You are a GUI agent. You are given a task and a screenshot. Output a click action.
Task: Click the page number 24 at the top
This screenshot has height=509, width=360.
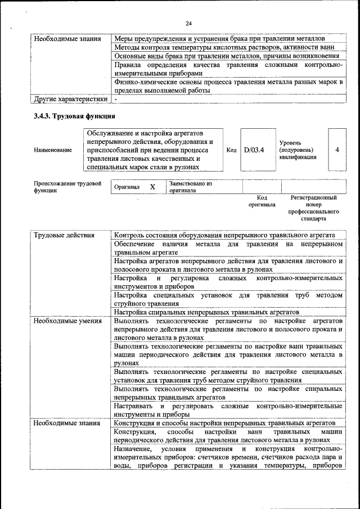(x=188, y=22)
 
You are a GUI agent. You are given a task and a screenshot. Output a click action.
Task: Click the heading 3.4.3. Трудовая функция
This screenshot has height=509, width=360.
(x=75, y=116)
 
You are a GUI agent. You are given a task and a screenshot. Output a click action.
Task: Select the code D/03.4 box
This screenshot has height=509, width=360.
(x=254, y=150)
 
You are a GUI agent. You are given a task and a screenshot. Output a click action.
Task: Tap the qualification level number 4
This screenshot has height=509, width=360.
(x=336, y=150)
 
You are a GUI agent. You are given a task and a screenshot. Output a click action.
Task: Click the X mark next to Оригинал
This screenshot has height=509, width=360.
(x=152, y=187)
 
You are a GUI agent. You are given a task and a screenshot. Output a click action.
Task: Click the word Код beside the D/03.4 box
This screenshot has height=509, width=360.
(x=231, y=150)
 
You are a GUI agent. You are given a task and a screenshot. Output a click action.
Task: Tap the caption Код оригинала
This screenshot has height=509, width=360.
(x=262, y=201)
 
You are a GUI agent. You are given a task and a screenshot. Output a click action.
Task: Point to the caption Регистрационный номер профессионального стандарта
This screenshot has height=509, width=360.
(x=313, y=208)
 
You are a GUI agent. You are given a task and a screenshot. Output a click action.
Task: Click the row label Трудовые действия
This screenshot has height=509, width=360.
(x=64, y=235)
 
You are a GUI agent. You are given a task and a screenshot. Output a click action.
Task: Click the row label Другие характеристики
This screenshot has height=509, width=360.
(x=70, y=100)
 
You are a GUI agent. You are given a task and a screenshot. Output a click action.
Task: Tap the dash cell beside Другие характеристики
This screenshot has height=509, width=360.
(x=115, y=100)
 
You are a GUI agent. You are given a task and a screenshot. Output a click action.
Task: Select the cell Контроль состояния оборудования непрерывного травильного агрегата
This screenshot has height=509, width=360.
(x=224, y=235)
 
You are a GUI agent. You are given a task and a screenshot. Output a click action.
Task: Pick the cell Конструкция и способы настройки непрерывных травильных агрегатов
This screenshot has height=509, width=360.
(x=224, y=423)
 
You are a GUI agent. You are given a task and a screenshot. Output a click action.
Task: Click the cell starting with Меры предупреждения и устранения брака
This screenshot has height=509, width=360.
(x=219, y=39)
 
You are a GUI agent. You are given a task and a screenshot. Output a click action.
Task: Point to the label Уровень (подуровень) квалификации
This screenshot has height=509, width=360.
(x=297, y=150)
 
